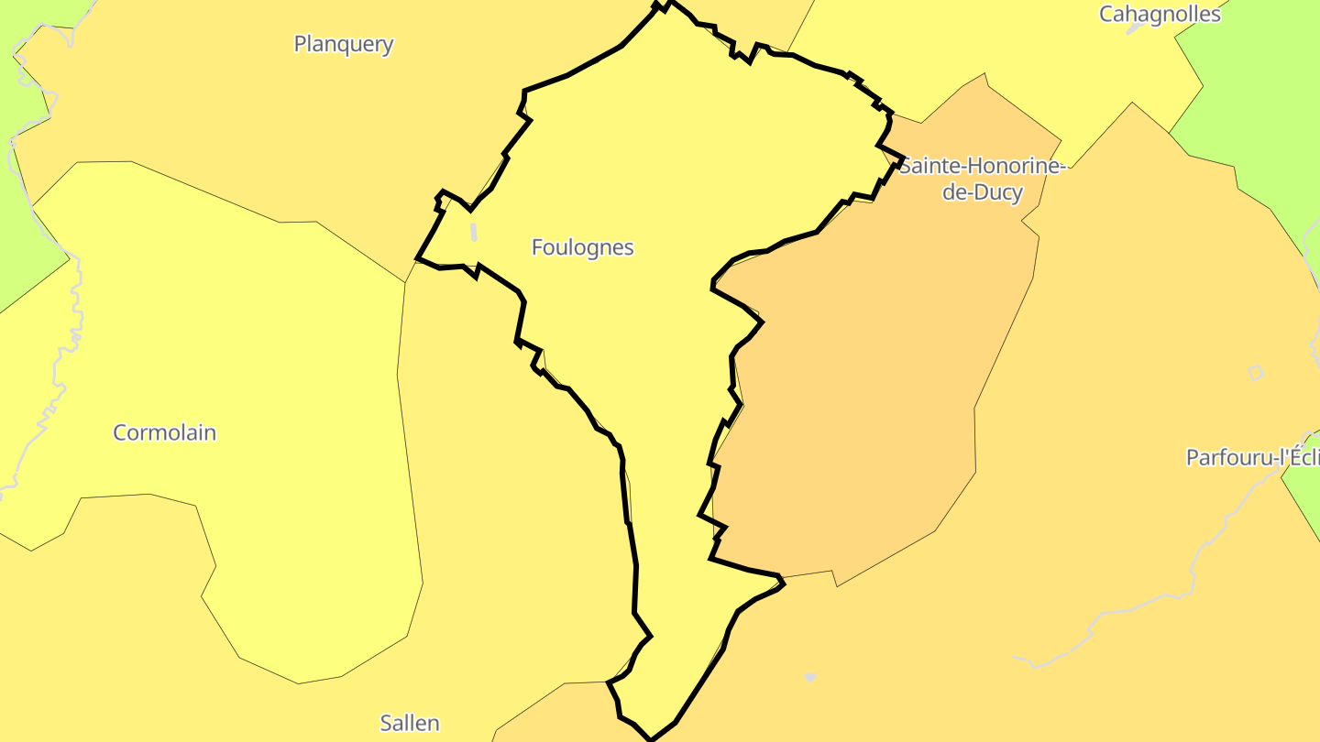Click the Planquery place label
click(x=344, y=44)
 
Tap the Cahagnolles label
click(x=1160, y=14)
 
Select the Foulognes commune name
click(x=582, y=247)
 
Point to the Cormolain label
click(x=165, y=432)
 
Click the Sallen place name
click(x=410, y=723)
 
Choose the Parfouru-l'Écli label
click(x=1252, y=457)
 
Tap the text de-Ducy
click(x=982, y=193)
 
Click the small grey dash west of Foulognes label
click(x=474, y=231)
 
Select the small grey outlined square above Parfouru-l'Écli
click(x=1256, y=372)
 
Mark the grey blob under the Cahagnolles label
click(x=1135, y=28)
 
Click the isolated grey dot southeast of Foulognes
click(x=810, y=678)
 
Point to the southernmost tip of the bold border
click(x=651, y=738)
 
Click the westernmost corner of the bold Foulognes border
click(x=417, y=258)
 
